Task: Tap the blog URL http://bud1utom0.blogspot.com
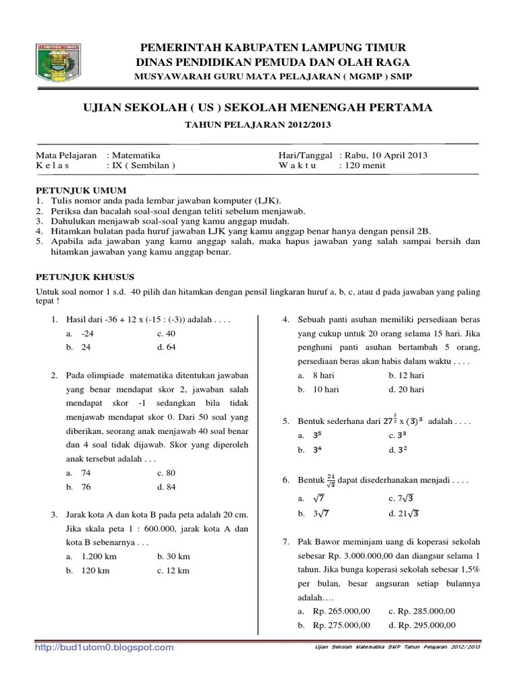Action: pos(104,648)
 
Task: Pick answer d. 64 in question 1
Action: pos(166,347)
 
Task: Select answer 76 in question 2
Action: pos(86,486)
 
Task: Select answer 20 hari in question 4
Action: pos(413,389)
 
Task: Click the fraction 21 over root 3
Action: pos(331,481)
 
